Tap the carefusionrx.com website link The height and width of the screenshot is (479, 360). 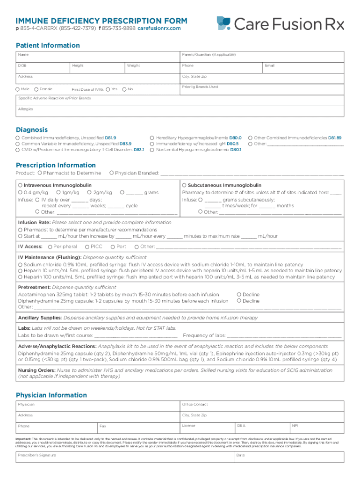pos(159,29)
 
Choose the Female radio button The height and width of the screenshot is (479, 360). pos(36,89)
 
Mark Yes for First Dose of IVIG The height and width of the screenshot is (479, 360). pos(108,89)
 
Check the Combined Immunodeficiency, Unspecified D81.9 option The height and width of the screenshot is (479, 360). pos(18,138)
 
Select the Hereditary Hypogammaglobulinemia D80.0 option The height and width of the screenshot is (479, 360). pos(152,138)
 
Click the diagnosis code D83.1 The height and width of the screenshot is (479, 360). pos(139,150)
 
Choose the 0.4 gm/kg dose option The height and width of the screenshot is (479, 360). pos(20,192)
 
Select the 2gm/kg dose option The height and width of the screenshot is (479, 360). pos(89,192)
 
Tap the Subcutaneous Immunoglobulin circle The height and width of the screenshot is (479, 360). pos(185,185)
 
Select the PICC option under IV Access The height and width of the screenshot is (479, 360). pos(87,247)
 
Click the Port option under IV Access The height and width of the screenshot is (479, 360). pos(113,247)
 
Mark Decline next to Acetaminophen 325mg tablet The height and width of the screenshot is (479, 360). pos(239,295)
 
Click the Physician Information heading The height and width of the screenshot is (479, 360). pos(51,395)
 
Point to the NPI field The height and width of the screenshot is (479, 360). pos(317,428)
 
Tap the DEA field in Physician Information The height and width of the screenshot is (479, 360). pos(262,428)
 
